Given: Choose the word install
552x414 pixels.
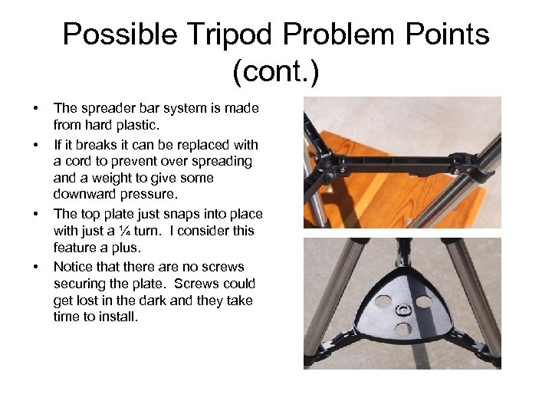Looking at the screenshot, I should pos(119,317).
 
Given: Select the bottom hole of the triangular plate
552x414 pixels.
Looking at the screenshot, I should pos(401,329).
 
